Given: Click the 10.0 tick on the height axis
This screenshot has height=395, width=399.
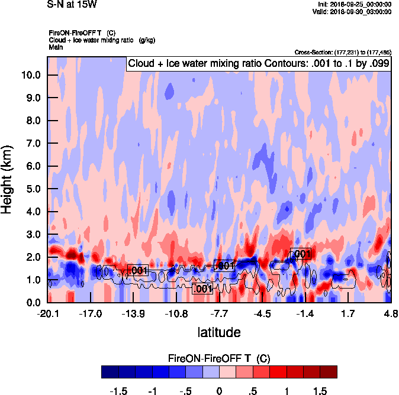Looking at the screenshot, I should [x=30, y=75].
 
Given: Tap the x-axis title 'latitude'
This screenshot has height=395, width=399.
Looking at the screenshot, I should [x=219, y=332].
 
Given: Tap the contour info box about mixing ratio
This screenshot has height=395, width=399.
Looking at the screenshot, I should [x=258, y=64].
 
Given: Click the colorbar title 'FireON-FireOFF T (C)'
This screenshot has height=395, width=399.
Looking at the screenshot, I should [x=219, y=359].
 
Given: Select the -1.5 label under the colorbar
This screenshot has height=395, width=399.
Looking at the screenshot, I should [x=119, y=391].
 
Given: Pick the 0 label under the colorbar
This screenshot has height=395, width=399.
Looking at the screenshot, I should [x=219, y=391].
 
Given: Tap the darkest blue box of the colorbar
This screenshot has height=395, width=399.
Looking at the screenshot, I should [x=110, y=372].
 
